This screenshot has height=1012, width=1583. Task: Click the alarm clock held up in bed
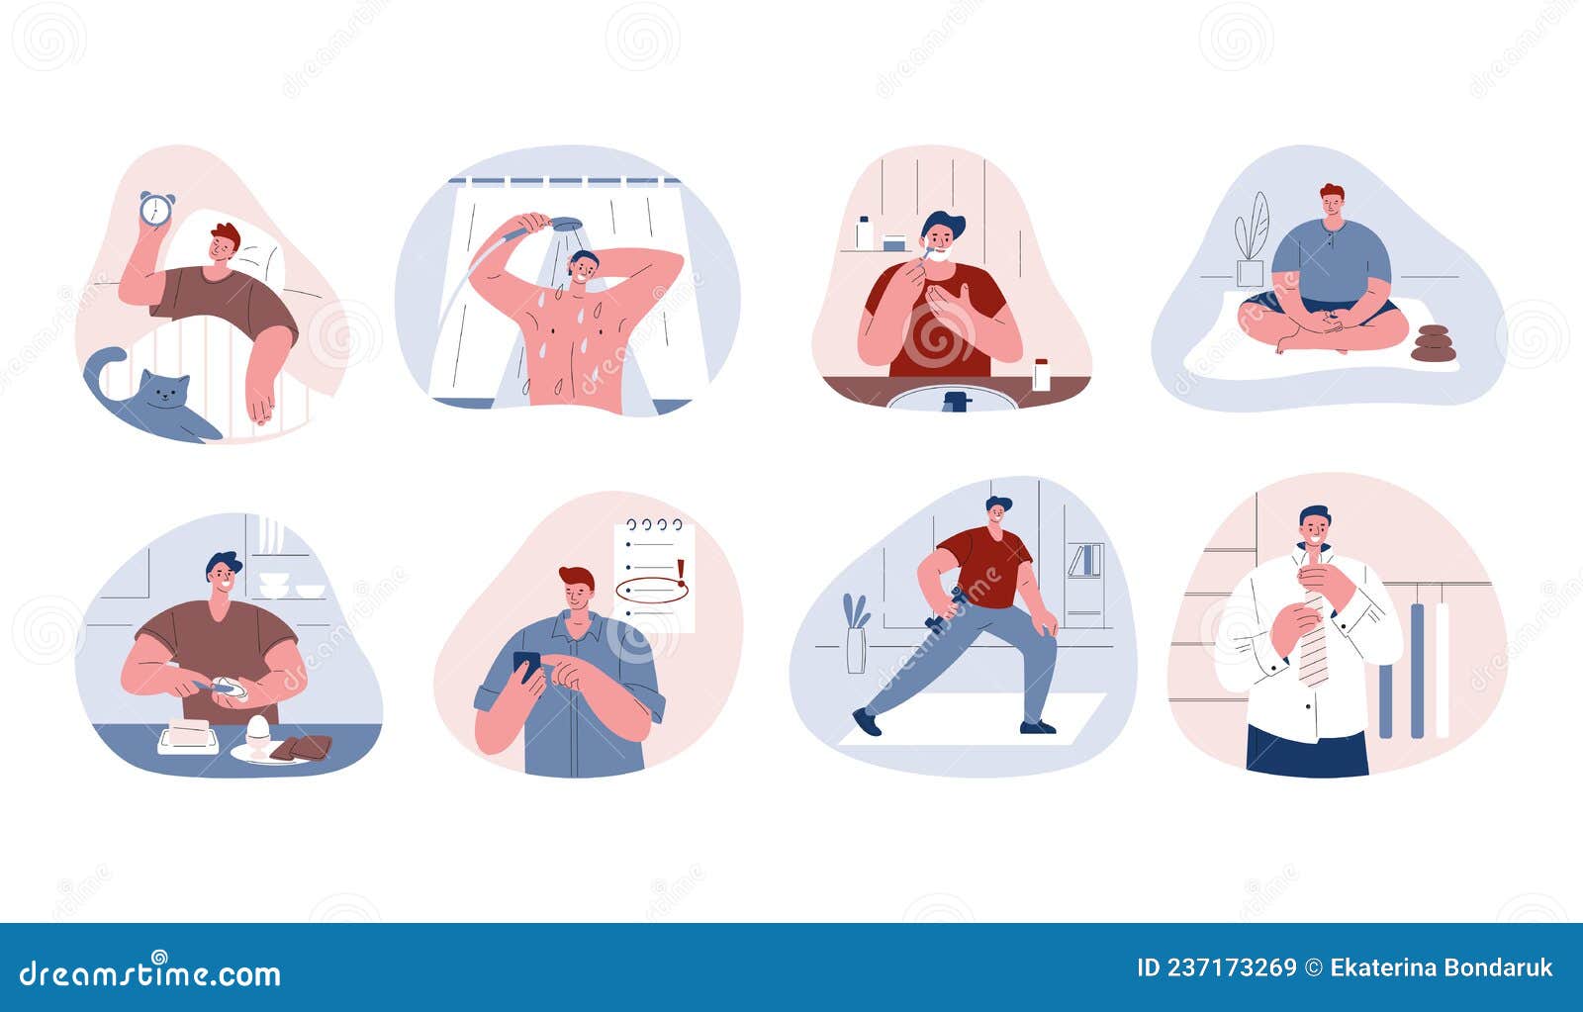(x=155, y=209)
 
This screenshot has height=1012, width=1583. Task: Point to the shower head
(x=567, y=225)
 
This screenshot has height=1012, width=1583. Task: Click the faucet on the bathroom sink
(x=954, y=401)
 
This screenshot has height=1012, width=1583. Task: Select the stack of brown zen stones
(x=1433, y=343)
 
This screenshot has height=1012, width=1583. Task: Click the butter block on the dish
(x=189, y=732)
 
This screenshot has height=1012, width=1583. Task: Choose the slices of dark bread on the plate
(x=302, y=748)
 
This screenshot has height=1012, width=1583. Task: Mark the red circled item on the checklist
(x=652, y=591)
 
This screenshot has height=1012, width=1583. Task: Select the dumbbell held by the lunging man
(x=944, y=608)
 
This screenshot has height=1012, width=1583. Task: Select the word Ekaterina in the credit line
(x=1378, y=967)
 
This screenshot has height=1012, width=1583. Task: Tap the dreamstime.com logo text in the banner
(x=150, y=973)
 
